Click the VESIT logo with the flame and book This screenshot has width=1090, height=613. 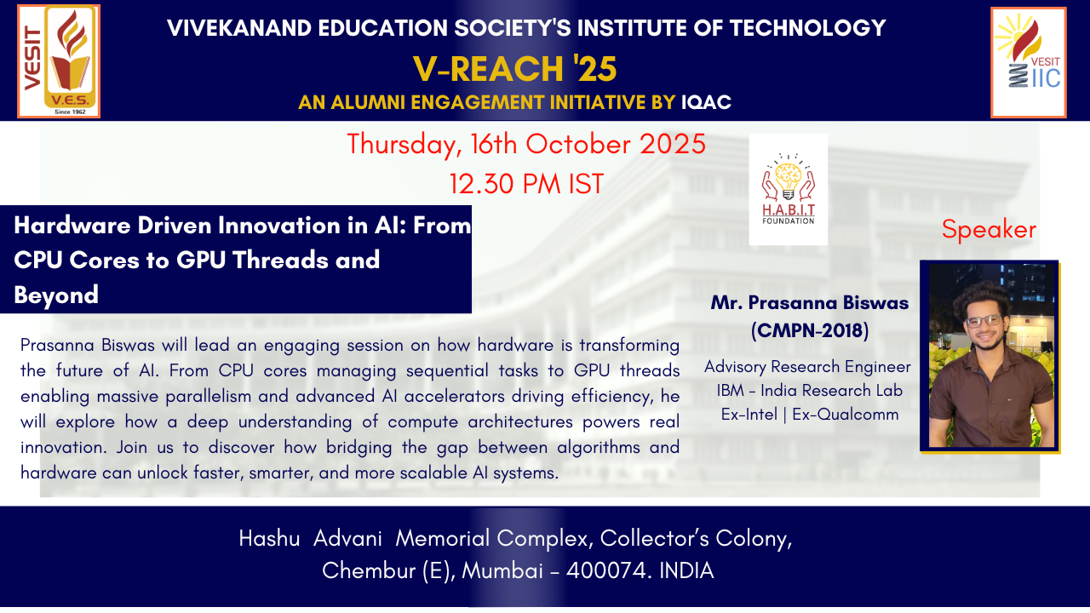pos(59,61)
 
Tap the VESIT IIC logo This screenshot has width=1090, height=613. pos(1028,62)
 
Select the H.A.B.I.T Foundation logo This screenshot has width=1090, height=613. pos(788,189)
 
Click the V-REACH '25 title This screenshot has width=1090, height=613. pos(515,69)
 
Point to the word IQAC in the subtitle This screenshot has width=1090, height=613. pos(706,102)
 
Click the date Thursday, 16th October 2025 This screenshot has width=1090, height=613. pos(526,145)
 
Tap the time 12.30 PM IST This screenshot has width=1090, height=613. pos(526,184)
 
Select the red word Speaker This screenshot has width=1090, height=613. pos(989,230)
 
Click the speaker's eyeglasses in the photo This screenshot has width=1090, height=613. pos(984,321)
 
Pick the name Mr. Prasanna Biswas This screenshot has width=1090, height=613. pos(809,302)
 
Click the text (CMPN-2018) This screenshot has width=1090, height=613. pos(809,331)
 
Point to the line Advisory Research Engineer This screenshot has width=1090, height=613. pos(807,367)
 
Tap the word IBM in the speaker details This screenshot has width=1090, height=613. pos(731,391)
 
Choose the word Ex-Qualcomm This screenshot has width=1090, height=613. pos(846,415)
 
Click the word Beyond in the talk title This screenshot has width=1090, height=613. pos(56,295)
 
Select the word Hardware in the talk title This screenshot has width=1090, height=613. pos(72,226)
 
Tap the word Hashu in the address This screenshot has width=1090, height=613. pos(269,539)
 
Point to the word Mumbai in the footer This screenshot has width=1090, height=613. pos(502,570)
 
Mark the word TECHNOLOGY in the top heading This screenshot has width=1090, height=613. pos(808,28)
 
